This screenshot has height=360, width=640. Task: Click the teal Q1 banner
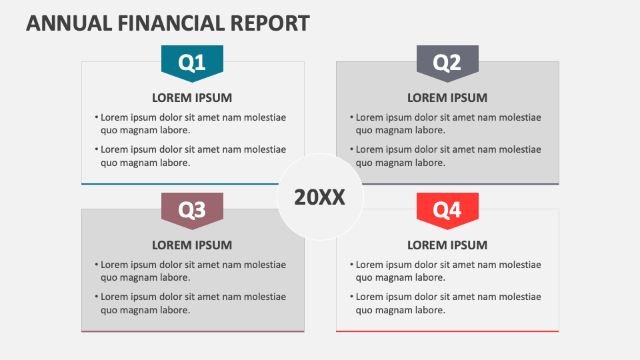pyautogui.click(x=192, y=62)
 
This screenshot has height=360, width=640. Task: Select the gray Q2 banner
pyautogui.click(x=447, y=62)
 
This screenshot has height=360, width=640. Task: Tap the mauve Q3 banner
pyautogui.click(x=192, y=209)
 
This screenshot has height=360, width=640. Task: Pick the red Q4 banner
pyautogui.click(x=447, y=209)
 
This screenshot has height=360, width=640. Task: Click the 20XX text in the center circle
pyautogui.click(x=320, y=197)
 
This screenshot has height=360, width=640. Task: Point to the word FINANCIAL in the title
pyautogui.click(x=173, y=23)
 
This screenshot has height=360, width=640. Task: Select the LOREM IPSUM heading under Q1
pyautogui.click(x=192, y=98)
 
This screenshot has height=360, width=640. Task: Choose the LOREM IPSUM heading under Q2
pyautogui.click(x=447, y=98)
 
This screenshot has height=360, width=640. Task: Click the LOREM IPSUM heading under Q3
pyautogui.click(x=192, y=245)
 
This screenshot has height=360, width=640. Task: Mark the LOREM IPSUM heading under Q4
pyautogui.click(x=447, y=245)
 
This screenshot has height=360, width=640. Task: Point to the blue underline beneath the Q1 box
pyautogui.click(x=180, y=183)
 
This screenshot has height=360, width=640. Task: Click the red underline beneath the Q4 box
pyautogui.click(x=447, y=331)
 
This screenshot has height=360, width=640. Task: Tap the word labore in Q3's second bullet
pyautogui.click(x=175, y=309)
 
